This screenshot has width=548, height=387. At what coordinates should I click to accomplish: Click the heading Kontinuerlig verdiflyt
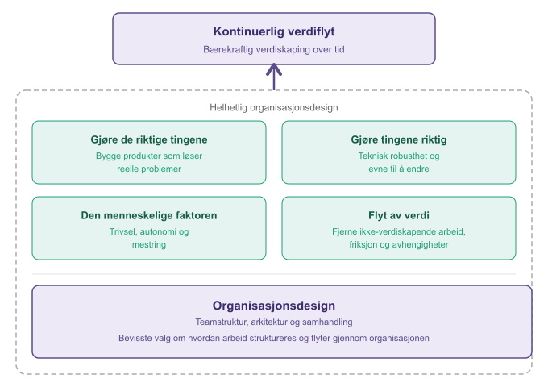click(274, 31)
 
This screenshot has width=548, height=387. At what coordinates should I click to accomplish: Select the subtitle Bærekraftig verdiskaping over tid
click(274, 49)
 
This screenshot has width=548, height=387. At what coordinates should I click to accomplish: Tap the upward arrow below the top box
click(274, 77)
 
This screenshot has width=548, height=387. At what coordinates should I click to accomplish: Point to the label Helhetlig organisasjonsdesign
click(274, 107)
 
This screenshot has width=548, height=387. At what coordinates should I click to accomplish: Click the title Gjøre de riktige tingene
click(149, 139)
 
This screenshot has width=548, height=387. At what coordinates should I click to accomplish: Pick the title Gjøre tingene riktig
click(399, 139)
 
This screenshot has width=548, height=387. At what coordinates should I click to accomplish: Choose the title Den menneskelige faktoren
click(149, 215)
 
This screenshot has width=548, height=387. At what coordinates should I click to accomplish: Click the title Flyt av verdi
click(399, 215)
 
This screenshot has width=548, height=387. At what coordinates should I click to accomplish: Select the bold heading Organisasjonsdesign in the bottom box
click(274, 306)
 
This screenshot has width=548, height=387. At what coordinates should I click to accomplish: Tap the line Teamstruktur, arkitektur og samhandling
click(274, 322)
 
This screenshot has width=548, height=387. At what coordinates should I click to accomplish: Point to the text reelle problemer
click(149, 169)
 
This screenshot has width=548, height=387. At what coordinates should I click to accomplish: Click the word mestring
click(149, 245)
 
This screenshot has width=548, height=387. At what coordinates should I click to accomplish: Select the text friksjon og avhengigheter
click(399, 245)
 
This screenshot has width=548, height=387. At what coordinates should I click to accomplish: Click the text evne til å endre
click(399, 169)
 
